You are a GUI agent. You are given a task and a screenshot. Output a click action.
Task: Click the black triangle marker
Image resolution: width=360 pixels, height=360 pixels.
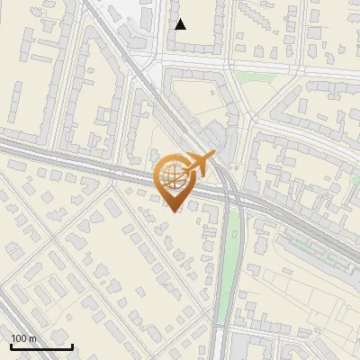click(x=180, y=24)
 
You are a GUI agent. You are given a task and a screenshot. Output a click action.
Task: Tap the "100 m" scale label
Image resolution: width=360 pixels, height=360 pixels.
click(x=24, y=338)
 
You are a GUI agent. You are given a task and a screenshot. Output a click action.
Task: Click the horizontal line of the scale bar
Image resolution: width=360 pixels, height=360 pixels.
click(x=41, y=346)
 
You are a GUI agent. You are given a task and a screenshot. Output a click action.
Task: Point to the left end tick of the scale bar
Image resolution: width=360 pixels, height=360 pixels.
click(x=11, y=344)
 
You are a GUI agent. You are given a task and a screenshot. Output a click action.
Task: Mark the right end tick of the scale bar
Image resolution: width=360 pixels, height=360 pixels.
click(x=72, y=344)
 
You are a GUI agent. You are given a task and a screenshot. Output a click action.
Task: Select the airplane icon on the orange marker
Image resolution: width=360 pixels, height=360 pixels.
click(x=200, y=165)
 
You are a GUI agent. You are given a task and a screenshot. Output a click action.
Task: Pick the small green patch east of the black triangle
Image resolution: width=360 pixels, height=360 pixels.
click(x=256, y=76)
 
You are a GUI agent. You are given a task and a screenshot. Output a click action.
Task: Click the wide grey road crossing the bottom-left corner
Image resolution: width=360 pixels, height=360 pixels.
click(x=18, y=315)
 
